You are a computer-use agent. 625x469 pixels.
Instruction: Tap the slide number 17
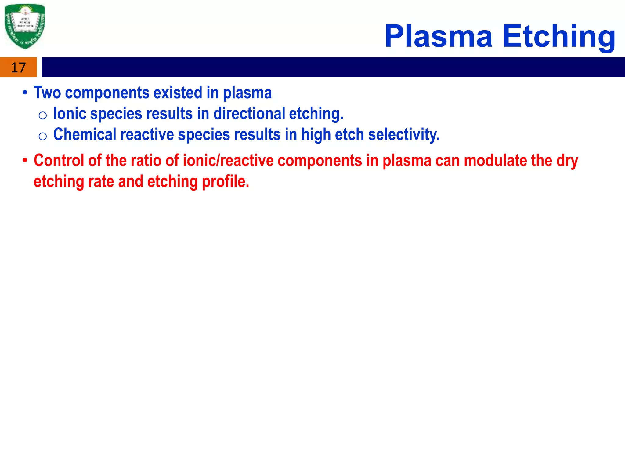click(x=18, y=67)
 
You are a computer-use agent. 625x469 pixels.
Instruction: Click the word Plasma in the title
click(x=438, y=37)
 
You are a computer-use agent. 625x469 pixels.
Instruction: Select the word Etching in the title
click(x=559, y=37)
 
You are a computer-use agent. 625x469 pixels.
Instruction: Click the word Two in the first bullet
click(x=47, y=93)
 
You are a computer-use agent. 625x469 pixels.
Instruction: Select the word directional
click(x=249, y=114)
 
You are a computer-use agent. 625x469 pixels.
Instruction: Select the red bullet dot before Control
click(x=25, y=161)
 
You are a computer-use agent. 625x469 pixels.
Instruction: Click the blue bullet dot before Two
click(x=25, y=93)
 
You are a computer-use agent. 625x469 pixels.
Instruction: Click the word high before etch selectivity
click(x=316, y=135)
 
